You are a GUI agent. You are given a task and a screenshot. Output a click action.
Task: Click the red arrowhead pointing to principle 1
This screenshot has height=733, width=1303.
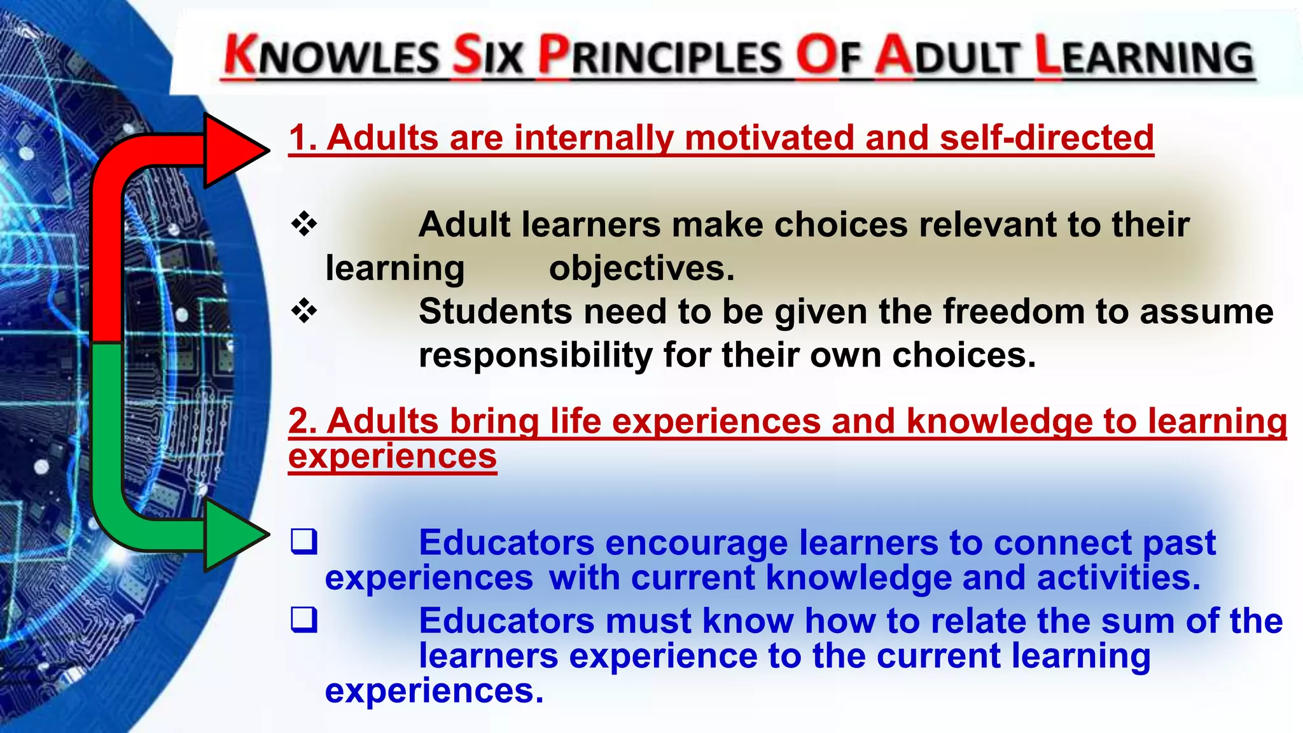(232, 151)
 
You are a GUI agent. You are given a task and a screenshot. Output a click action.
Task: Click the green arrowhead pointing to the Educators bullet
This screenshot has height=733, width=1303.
(232, 534)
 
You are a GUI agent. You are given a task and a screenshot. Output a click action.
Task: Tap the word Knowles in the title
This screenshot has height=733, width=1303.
(331, 56)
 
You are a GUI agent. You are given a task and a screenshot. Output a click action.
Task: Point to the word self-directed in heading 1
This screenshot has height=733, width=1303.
(1047, 137)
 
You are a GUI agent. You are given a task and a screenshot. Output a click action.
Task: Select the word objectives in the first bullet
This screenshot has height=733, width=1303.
(641, 268)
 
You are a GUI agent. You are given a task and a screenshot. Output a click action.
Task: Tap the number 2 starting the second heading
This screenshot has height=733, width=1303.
(300, 421)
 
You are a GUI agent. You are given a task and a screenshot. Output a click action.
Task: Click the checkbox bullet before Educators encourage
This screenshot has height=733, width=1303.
(304, 541)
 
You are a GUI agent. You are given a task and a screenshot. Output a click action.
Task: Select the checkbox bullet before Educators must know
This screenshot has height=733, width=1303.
(304, 620)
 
